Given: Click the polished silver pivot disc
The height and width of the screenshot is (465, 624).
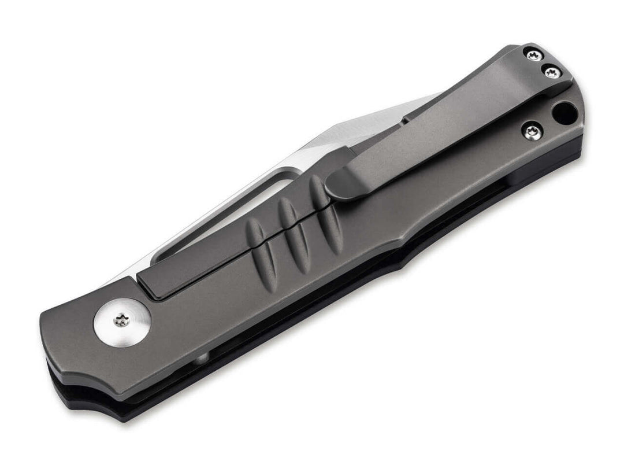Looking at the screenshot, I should click(x=122, y=322).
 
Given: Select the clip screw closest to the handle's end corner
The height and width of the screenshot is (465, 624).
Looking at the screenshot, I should click(x=533, y=56).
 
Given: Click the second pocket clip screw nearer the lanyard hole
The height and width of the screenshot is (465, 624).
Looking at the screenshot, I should click(x=552, y=73).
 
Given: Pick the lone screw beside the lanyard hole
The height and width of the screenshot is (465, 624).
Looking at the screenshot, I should click(x=532, y=132).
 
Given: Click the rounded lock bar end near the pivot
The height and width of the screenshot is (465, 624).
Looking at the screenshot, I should click(x=148, y=292).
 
